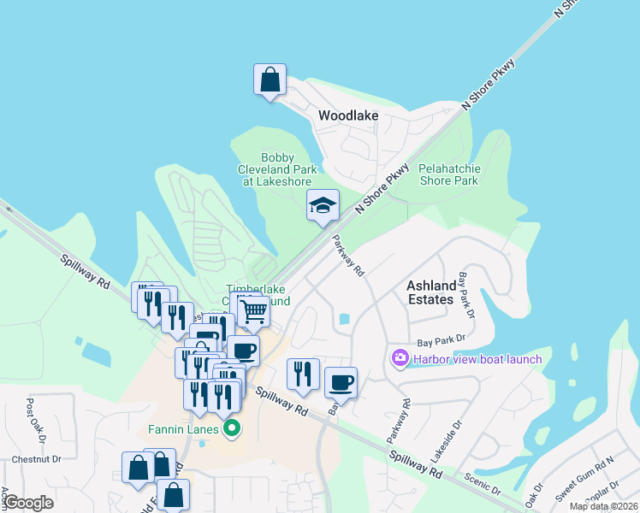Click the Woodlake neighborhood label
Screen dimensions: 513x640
[x=348, y=115]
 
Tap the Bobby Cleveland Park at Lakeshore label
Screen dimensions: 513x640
[x=276, y=169]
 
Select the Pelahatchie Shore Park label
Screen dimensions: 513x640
[x=448, y=175]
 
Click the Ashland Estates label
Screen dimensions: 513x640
[x=430, y=292]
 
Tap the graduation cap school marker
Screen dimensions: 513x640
[x=323, y=206]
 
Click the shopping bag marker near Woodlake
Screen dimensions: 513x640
[x=270, y=80]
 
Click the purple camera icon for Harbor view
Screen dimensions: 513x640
[x=400, y=358]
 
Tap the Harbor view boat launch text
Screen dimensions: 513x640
[x=477, y=359]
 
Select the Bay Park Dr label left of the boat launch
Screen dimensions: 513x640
[x=446, y=340]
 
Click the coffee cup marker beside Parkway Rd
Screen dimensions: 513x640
[x=341, y=383]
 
